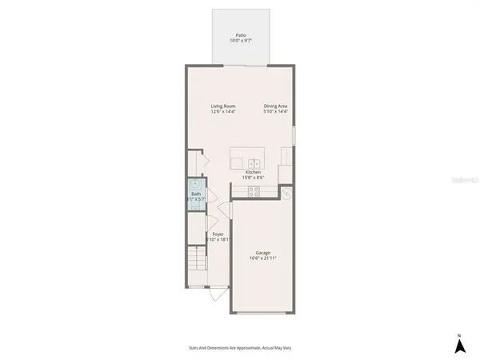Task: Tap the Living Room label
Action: coord(223,106)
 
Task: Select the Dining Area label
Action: coord(276,106)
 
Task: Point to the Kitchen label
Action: coord(253,172)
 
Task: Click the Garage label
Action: coord(263,252)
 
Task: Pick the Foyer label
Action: coord(218,234)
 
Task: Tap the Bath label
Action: coord(196,194)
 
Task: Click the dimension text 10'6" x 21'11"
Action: coord(263,258)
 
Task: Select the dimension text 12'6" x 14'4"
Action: coord(223,111)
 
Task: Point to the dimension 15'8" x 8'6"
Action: coord(253,178)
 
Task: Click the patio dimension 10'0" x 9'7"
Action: coord(240,40)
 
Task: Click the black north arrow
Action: coord(459,346)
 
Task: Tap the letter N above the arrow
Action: coord(459,334)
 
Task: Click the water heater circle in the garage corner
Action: coord(287,194)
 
